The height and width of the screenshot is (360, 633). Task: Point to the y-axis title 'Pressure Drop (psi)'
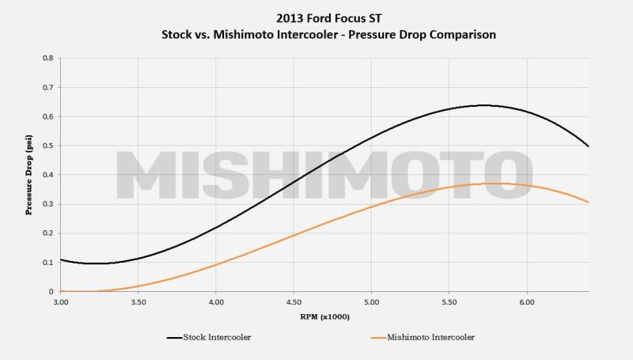click(29, 175)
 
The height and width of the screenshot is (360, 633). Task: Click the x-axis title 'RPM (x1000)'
click(324, 316)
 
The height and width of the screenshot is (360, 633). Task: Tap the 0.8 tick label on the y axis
click(47, 59)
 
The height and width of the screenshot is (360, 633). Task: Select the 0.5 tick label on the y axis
click(47, 146)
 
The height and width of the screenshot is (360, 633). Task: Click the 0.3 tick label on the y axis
click(47, 204)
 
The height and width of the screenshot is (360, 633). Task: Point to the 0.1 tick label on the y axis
click(47, 263)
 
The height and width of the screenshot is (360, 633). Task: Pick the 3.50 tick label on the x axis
click(138, 301)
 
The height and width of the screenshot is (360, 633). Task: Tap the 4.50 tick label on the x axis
click(294, 301)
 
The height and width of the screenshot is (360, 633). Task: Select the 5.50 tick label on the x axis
click(449, 301)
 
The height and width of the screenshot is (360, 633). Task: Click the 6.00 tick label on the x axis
click(527, 301)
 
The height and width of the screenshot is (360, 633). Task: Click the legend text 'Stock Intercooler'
click(219, 338)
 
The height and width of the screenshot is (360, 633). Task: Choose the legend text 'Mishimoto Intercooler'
click(431, 338)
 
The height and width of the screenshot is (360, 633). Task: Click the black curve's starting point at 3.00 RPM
click(61, 260)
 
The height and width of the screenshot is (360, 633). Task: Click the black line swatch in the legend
click(175, 338)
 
